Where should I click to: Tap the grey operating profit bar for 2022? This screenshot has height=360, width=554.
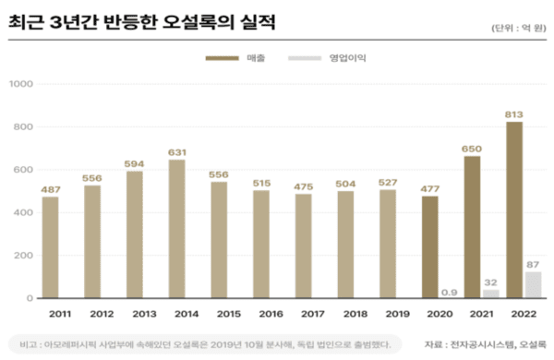point(533,284)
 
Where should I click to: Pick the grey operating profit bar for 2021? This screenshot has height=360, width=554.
point(490,294)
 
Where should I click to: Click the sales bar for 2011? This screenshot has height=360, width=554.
point(51,247)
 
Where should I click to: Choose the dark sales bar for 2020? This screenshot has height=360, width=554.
point(430,246)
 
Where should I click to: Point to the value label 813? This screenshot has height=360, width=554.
point(514,114)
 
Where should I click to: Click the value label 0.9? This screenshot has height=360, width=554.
point(451,292)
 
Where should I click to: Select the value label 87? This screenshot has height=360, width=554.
point(533,265)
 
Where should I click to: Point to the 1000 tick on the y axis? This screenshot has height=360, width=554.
point(20,85)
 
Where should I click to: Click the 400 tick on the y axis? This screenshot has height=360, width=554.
point(23,213)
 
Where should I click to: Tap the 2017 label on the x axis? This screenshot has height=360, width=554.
point(304,314)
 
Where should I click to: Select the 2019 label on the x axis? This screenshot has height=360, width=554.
point(388,314)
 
